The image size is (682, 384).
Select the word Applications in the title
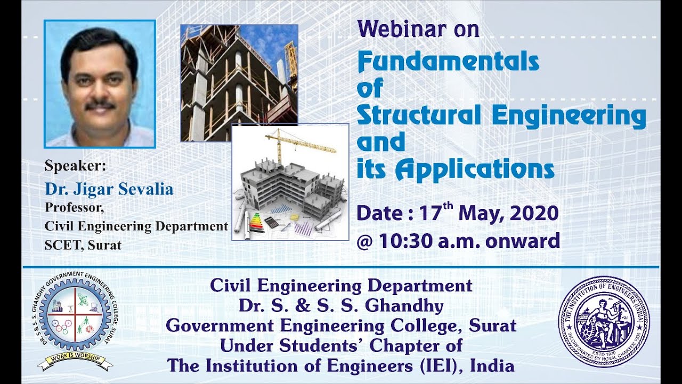(475, 169)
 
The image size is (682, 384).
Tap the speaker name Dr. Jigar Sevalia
(109, 189)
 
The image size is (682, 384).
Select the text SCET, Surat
(83, 246)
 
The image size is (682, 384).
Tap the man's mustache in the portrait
(100, 105)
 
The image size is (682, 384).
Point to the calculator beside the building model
(271, 222)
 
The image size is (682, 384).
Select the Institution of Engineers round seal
(604, 321)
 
